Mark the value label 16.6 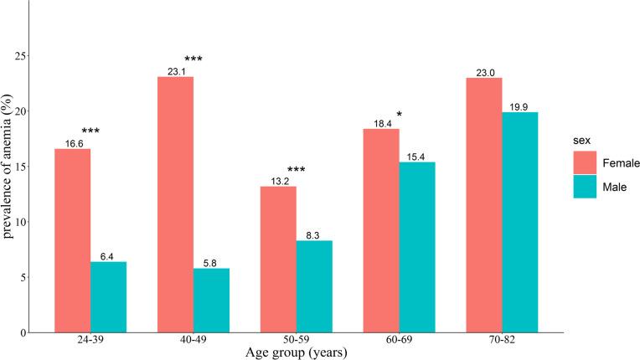pos(72,144)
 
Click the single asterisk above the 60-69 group pos(400,115)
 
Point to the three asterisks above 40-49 pos(194,59)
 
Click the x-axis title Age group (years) pos(296,352)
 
